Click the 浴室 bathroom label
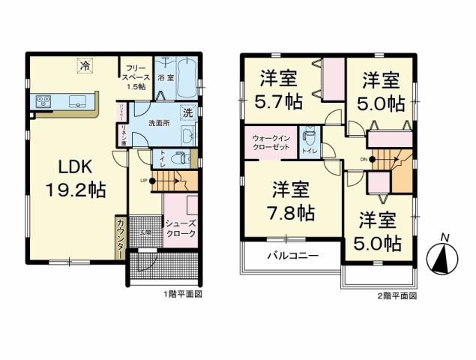(x=165, y=76)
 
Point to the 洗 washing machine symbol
(x=188, y=112)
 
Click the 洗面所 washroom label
(x=158, y=121)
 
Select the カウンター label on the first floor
(x=120, y=239)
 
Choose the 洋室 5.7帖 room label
(x=280, y=88)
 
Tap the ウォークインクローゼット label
(x=269, y=142)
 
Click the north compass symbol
(x=443, y=257)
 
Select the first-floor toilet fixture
(x=178, y=159)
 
